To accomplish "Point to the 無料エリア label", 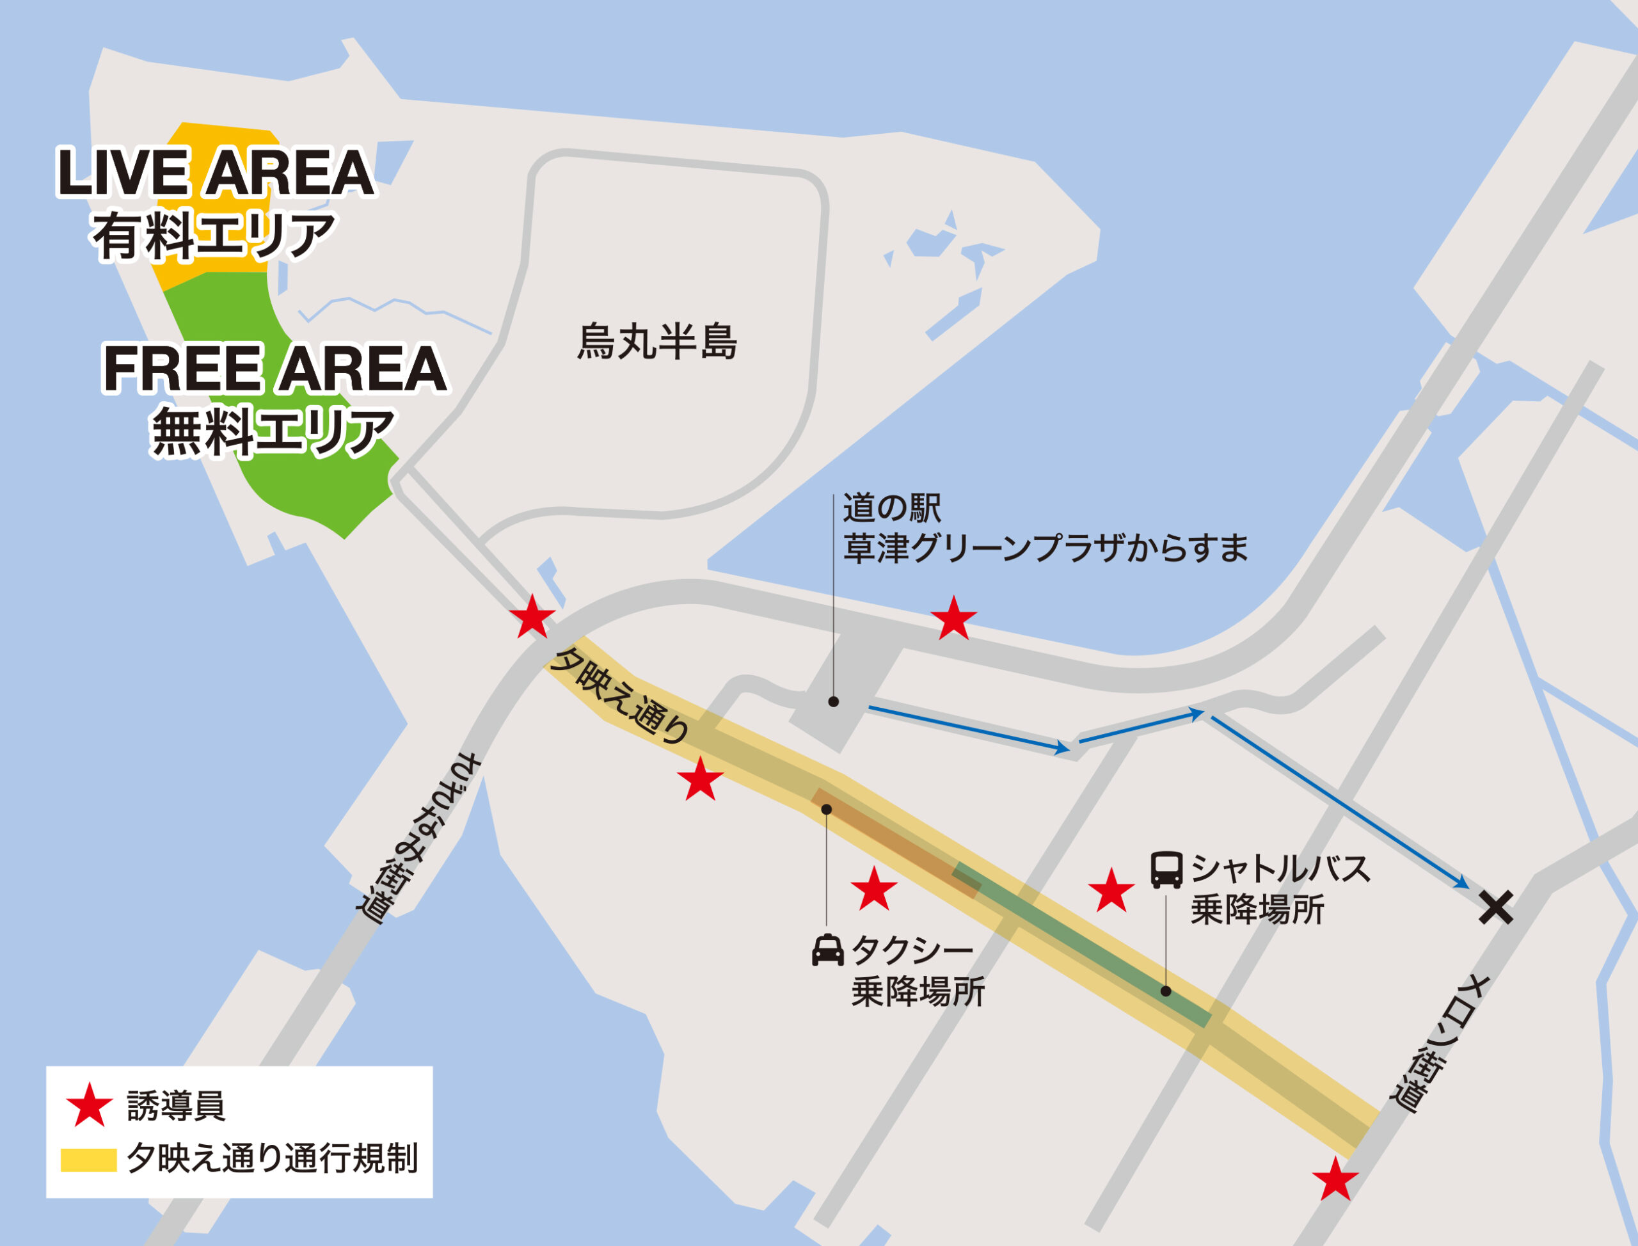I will (x=272, y=434).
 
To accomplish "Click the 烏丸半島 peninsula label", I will (x=657, y=342).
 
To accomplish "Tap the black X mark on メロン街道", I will (x=1495, y=907).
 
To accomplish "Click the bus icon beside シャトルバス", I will (x=1166, y=870).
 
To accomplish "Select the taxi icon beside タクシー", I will (x=827, y=950).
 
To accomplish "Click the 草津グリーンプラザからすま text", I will (x=1046, y=549).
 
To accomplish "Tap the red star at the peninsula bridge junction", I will (x=532, y=617).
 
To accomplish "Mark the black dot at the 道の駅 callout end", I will (x=834, y=701).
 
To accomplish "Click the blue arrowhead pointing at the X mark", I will (x=1461, y=883).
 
